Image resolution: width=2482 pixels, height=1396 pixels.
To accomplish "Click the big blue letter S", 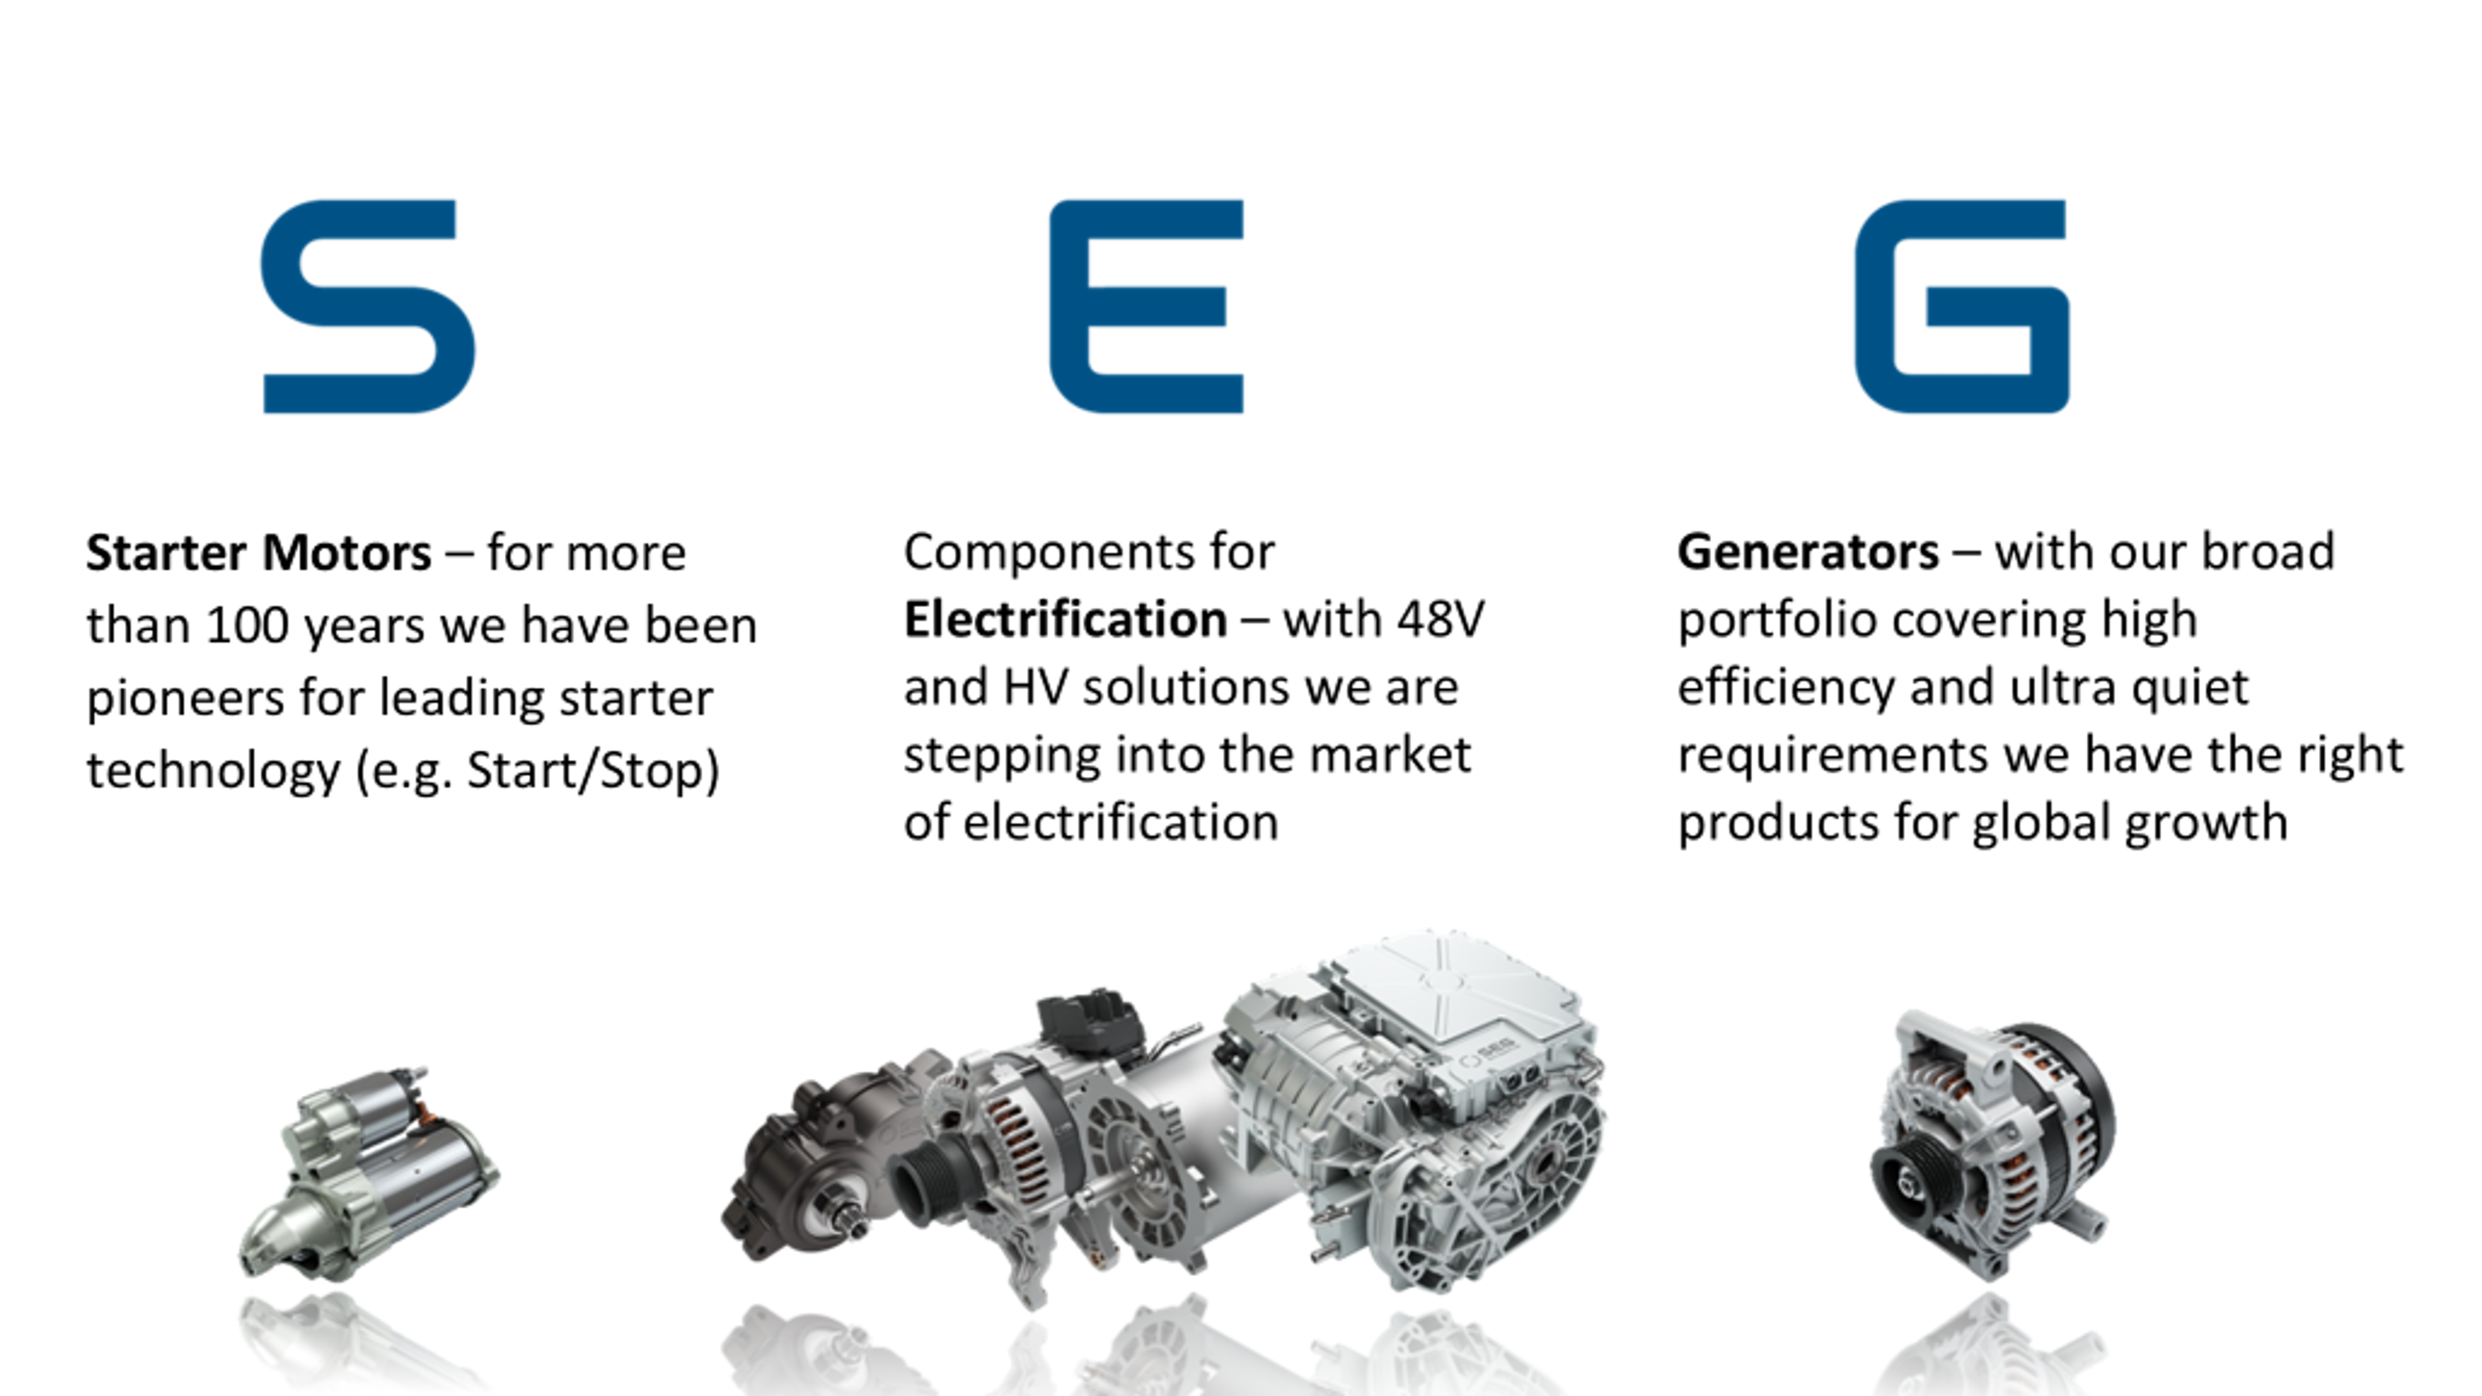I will point(367,306).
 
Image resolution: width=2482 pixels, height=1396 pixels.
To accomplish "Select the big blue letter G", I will point(1962,306).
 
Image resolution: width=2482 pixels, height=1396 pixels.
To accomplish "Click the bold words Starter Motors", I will point(259,553).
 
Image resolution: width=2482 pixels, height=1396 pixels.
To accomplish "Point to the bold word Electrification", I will point(1065,620).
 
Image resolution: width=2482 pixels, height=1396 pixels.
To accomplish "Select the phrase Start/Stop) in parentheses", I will point(593,771).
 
